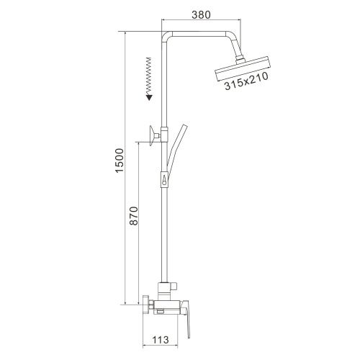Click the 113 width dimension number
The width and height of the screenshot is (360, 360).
point(161,342)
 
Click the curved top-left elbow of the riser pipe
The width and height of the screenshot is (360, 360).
point(167,36)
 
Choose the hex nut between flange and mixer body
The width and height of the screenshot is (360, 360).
point(153,305)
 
